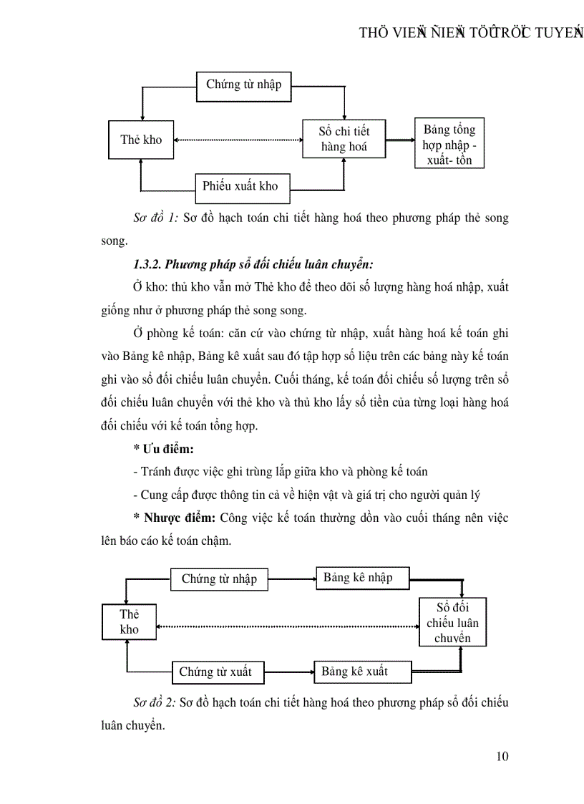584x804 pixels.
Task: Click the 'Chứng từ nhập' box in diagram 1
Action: coord(244,85)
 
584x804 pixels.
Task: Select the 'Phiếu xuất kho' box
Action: coord(240,186)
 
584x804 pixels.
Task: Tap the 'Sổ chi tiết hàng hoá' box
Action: coord(344,139)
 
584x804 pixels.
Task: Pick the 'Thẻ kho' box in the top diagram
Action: coord(141,140)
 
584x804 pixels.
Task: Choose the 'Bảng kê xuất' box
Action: coord(362,672)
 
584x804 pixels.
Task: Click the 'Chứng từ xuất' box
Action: coord(216,672)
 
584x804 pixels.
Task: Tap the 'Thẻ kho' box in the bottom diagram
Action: coord(129,621)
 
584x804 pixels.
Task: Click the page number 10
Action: coord(502,756)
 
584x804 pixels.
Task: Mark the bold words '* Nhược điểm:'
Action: coord(174,518)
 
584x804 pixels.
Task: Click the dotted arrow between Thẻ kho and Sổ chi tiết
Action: coord(238,140)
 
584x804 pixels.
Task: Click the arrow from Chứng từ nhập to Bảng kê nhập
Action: coord(292,578)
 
